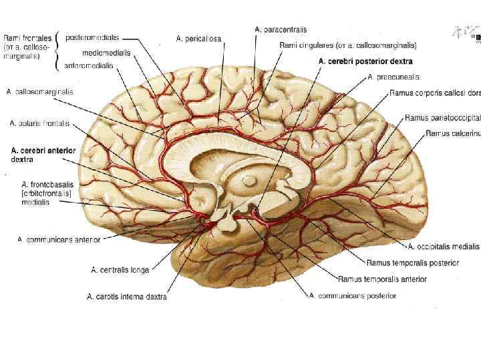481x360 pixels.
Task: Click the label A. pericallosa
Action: [198, 39]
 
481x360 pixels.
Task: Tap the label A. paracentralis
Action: [281, 29]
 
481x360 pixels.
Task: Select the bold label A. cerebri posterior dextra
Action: [365, 61]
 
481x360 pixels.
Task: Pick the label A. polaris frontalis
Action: [39, 123]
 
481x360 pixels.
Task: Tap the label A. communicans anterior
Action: [59, 239]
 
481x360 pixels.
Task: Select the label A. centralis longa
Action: [120, 270]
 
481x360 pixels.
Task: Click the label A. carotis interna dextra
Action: [127, 297]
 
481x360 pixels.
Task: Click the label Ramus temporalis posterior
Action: [413, 263]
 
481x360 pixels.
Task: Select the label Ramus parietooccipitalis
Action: [442, 118]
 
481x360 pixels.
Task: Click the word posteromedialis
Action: [92, 37]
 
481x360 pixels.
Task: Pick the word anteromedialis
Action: [89, 66]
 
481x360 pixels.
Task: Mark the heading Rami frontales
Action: [24, 38]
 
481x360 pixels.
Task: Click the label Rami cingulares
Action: [347, 45]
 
